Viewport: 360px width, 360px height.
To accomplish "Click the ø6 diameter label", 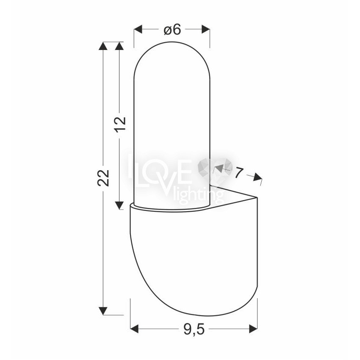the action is tap(172, 30).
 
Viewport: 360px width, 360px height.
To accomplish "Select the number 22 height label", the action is tap(103, 178).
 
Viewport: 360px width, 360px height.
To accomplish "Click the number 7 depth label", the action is tap(238, 173).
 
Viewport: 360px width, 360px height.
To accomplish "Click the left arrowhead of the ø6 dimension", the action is tap(138, 30).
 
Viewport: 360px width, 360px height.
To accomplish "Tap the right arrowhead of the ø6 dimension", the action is tap(205, 30).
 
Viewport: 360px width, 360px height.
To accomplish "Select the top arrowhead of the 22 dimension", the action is tap(103, 46).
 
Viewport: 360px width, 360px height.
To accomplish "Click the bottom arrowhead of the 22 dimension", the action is tap(103, 311).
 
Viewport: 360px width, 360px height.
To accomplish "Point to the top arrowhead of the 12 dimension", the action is tap(119, 46).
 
